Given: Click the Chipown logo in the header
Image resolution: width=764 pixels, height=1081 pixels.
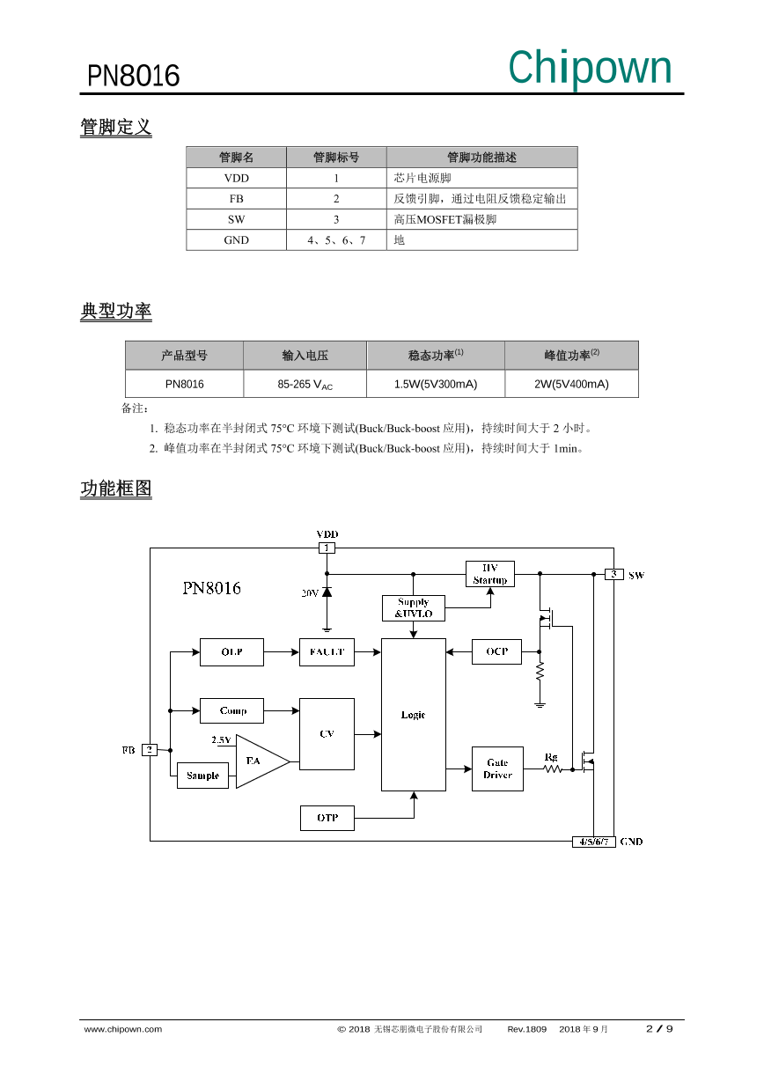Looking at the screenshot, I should pyautogui.click(x=590, y=69).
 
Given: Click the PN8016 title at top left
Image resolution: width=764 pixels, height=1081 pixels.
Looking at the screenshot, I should pyautogui.click(x=133, y=77).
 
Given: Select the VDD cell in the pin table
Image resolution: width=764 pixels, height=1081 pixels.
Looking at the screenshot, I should pyautogui.click(x=236, y=178).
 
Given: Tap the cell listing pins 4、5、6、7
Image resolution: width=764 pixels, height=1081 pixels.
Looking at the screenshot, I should pyautogui.click(x=336, y=239).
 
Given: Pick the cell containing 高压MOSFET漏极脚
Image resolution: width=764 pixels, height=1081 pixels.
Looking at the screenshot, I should pyautogui.click(x=481, y=219).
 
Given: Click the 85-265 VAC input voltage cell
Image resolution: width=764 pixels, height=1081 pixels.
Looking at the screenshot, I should pyautogui.click(x=305, y=385).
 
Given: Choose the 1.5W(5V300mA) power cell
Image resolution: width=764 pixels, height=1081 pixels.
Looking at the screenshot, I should pyautogui.click(x=435, y=385).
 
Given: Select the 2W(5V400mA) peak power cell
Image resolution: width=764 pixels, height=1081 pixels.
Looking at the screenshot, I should pyautogui.click(x=571, y=385).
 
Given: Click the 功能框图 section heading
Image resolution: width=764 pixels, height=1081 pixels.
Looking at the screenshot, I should pyautogui.click(x=116, y=489).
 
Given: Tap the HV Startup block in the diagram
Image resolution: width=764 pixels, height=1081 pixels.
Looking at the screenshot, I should pyautogui.click(x=489, y=574).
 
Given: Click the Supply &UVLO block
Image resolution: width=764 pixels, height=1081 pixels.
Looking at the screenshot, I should pyautogui.click(x=413, y=608).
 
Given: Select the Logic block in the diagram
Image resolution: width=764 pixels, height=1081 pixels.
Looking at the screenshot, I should pyautogui.click(x=413, y=715).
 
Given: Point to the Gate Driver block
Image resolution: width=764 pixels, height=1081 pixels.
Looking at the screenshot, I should pyautogui.click(x=497, y=768).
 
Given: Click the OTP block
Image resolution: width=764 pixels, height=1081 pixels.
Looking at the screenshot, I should pyautogui.click(x=327, y=818).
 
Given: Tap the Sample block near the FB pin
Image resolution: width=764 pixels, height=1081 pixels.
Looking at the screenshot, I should pyautogui.click(x=202, y=776).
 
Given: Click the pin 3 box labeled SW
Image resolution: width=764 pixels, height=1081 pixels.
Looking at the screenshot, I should pyautogui.click(x=613, y=575).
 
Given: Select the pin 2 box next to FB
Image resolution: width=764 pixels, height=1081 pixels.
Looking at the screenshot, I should pyautogui.click(x=151, y=750).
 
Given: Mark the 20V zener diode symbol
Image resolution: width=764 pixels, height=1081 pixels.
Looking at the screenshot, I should pyautogui.click(x=327, y=592).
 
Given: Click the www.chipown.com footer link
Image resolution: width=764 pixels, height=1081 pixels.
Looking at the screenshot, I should pyautogui.click(x=122, y=1029).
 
